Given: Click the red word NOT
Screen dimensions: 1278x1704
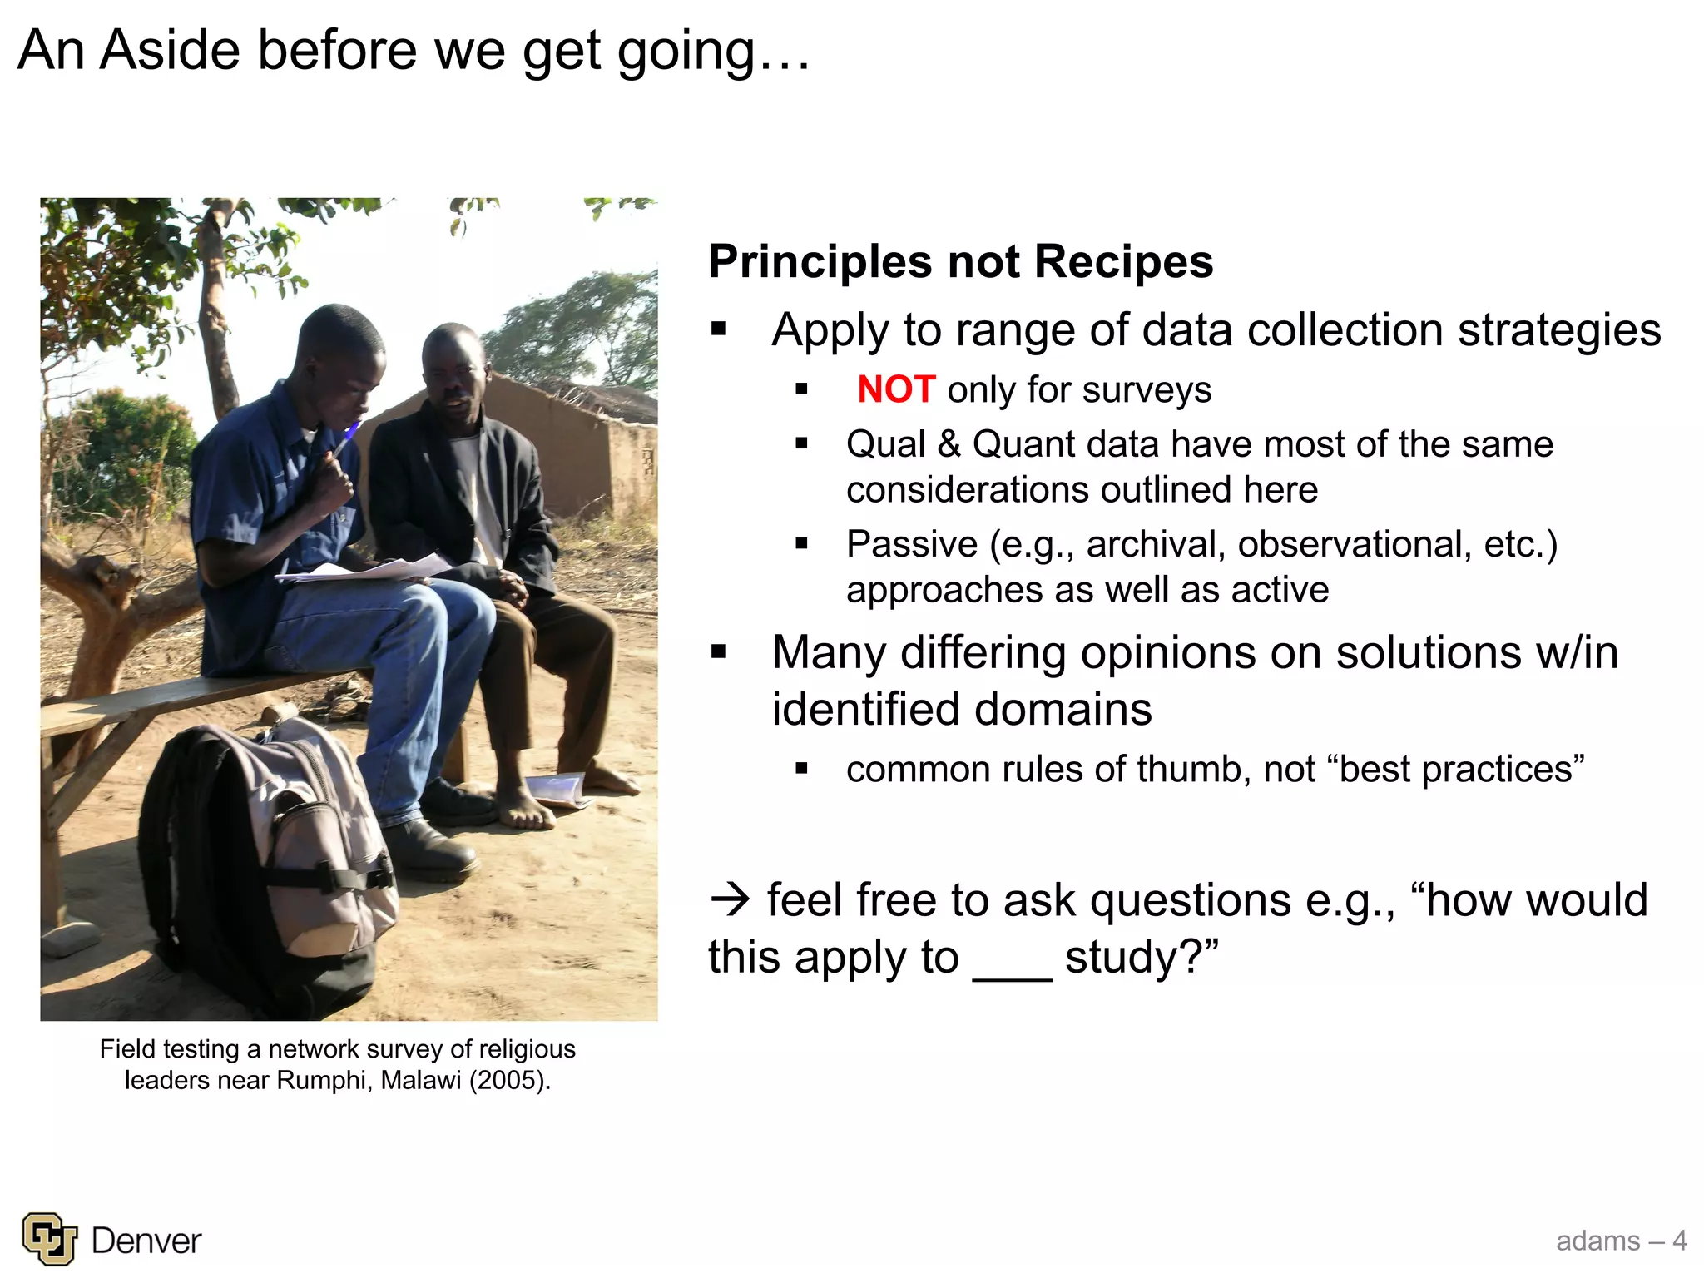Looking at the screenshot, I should (x=896, y=389).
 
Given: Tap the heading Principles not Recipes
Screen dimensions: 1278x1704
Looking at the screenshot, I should (x=960, y=261).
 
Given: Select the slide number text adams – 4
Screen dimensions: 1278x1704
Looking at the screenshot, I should (x=1621, y=1241).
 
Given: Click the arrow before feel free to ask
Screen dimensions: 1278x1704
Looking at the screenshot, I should (x=731, y=900).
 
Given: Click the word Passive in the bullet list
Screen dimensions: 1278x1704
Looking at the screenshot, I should (x=911, y=544).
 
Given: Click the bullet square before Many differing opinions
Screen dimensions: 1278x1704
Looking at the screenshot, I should (x=719, y=652).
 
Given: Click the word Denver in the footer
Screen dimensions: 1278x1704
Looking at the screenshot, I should (x=146, y=1241).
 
